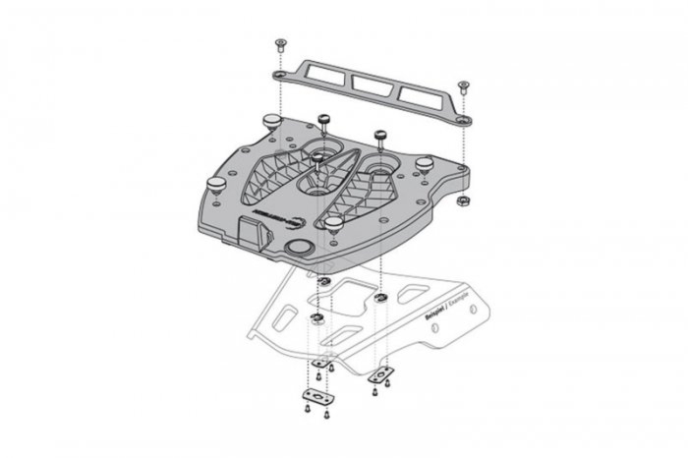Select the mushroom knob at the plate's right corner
425,163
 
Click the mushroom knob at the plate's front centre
334,225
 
